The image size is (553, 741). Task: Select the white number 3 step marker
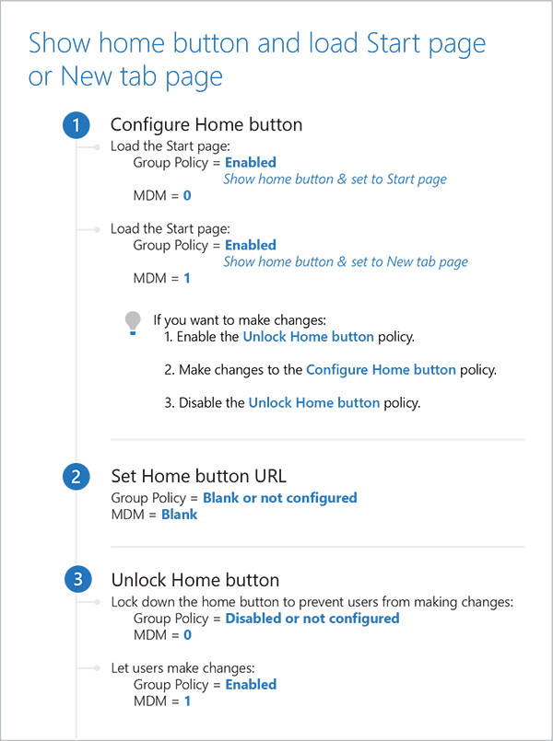coord(76,579)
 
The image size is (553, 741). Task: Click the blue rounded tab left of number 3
coord(46,579)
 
